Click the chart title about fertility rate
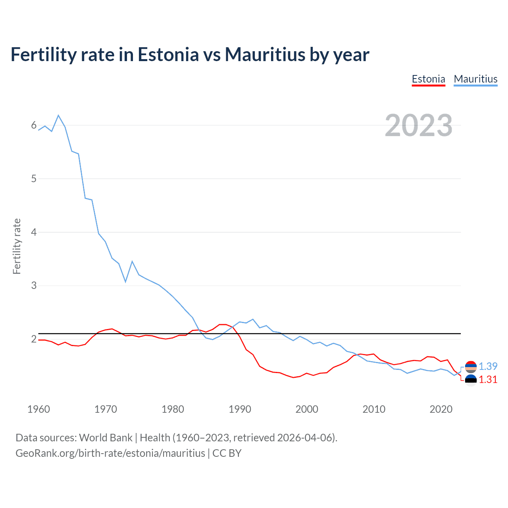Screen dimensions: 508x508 pos(190,54)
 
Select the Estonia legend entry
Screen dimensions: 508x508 pos(428,79)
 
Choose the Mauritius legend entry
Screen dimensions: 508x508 pos(475,79)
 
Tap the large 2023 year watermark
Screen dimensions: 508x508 pos(418,125)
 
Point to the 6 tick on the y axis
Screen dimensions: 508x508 pos(34,125)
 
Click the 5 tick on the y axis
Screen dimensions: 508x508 pos(34,179)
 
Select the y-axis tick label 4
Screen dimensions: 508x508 pos(34,232)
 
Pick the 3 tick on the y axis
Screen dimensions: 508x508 pos(34,285)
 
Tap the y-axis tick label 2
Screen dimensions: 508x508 pos(34,339)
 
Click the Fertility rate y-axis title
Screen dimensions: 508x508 pos(17,246)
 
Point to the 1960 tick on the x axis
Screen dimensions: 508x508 pos(38,409)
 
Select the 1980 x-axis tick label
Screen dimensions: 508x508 pos(173,409)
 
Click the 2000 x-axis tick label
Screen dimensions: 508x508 pos(307,409)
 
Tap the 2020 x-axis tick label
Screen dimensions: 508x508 pos(441,409)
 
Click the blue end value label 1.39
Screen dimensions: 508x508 pos(488,366)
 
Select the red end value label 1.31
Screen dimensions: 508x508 pos(488,380)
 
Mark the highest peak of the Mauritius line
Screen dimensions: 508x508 pos(58,115)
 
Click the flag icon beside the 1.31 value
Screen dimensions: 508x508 pos(471,380)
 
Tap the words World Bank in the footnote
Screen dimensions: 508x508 pos(106,438)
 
